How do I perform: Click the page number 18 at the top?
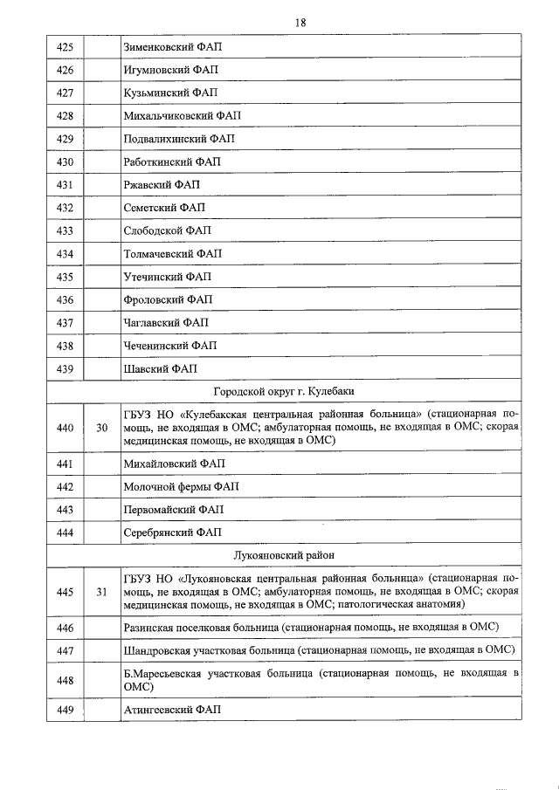(x=300, y=22)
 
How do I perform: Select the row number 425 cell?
(x=64, y=47)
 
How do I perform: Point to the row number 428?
(x=64, y=115)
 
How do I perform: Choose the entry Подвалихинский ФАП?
(x=179, y=139)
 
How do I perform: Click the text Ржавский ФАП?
(x=162, y=185)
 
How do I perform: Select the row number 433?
(x=64, y=231)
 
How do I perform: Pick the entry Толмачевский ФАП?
(x=173, y=254)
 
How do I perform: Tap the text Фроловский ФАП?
(x=168, y=300)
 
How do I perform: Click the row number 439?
(x=64, y=369)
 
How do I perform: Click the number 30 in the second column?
(x=101, y=428)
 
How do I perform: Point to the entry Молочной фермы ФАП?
(x=181, y=486)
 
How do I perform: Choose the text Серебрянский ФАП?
(x=172, y=532)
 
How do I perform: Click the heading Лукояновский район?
(x=284, y=555)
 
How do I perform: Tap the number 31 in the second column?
(x=101, y=591)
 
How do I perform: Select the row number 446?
(x=64, y=627)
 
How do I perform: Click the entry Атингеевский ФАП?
(x=172, y=710)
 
